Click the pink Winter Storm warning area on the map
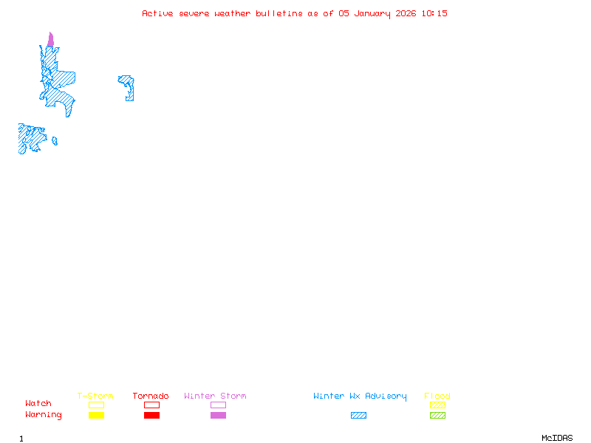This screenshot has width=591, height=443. point(50,41)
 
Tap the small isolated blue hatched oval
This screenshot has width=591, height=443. point(55,141)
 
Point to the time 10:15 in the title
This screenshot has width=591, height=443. point(434,13)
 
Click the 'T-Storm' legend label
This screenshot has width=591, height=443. point(95,396)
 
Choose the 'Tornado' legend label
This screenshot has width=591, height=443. point(151,396)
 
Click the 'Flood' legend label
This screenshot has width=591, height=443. point(437,396)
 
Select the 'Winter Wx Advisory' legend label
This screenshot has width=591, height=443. point(360,396)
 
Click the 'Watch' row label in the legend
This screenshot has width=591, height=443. point(38,404)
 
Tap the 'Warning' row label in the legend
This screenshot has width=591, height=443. point(44,415)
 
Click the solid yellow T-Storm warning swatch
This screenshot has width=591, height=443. point(96,415)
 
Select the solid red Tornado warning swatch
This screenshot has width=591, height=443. point(151,415)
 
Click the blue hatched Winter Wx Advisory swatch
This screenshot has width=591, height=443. point(358,415)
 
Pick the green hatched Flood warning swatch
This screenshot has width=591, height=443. point(437,415)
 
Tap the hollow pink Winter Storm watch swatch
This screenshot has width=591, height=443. point(218,405)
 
